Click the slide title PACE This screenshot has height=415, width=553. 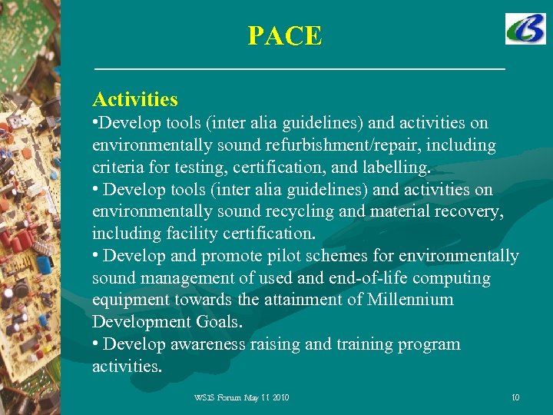(x=284, y=35)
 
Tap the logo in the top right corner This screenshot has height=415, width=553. (x=525, y=29)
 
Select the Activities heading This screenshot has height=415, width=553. (x=135, y=99)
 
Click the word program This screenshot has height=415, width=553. (x=430, y=344)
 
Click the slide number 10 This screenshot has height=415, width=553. (x=515, y=397)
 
